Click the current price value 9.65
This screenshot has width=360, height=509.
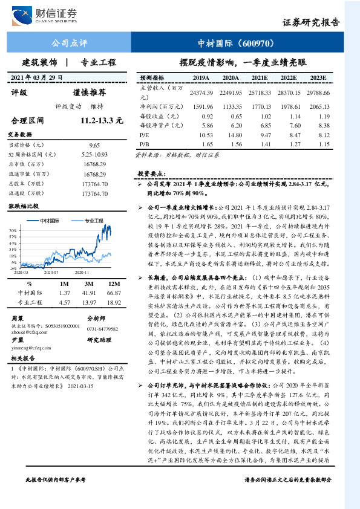tap(94, 146)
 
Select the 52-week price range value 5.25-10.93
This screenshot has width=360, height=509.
tap(94, 155)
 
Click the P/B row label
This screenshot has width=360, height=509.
tap(144, 146)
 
